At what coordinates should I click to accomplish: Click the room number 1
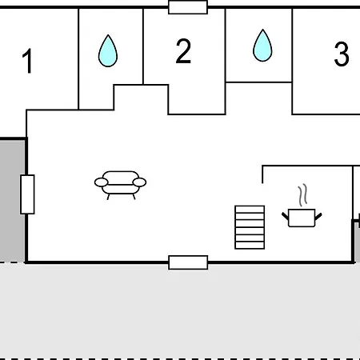28,61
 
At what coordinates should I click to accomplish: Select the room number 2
183,50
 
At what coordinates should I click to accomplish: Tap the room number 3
342,54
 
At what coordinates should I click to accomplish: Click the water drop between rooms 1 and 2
108,50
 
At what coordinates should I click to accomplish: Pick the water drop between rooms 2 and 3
262,46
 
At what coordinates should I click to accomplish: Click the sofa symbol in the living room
120,185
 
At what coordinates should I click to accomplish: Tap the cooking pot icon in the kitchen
302,218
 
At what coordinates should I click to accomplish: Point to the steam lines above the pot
302,195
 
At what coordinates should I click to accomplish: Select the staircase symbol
250,227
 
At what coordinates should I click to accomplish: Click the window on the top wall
188,7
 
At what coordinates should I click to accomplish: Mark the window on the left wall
27,194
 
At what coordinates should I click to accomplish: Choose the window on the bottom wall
188,262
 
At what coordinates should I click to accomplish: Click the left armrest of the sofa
102,182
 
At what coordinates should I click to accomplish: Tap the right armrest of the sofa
139,182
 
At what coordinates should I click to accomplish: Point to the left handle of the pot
286,216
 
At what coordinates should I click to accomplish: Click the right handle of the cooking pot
318,216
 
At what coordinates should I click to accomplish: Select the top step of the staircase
250,209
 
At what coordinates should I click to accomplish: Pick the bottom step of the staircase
250,245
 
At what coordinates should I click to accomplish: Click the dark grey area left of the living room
13,200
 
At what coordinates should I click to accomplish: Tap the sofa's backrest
121,178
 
